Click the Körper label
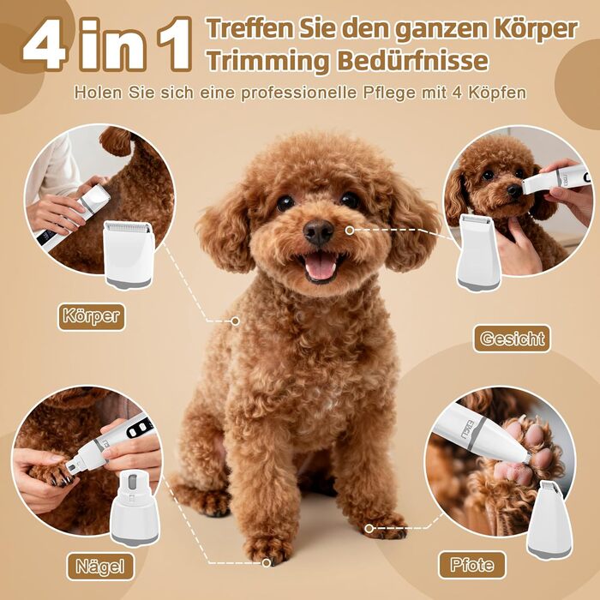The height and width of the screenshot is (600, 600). pyautogui.click(x=92, y=316)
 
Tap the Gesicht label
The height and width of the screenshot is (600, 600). pyautogui.click(x=512, y=339)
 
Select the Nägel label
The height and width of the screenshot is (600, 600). pyautogui.click(x=100, y=567)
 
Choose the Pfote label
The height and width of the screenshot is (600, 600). pyautogui.click(x=471, y=565)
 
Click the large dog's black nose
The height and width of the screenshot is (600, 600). pyautogui.click(x=318, y=231)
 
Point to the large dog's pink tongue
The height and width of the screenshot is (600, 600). pyautogui.click(x=321, y=267)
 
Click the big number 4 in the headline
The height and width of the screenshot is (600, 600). pyautogui.click(x=46, y=45)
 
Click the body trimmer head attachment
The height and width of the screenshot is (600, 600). pyautogui.click(x=129, y=254)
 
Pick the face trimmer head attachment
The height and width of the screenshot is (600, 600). pyautogui.click(x=478, y=253)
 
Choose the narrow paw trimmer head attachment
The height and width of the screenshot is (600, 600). pyautogui.click(x=549, y=519)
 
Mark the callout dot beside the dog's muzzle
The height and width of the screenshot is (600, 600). pyautogui.click(x=349, y=231)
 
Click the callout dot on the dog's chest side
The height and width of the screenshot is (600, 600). pyautogui.click(x=236, y=321)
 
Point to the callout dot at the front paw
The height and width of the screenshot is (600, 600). pyautogui.click(x=267, y=562)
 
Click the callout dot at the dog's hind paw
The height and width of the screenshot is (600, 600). pyautogui.click(x=369, y=529)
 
